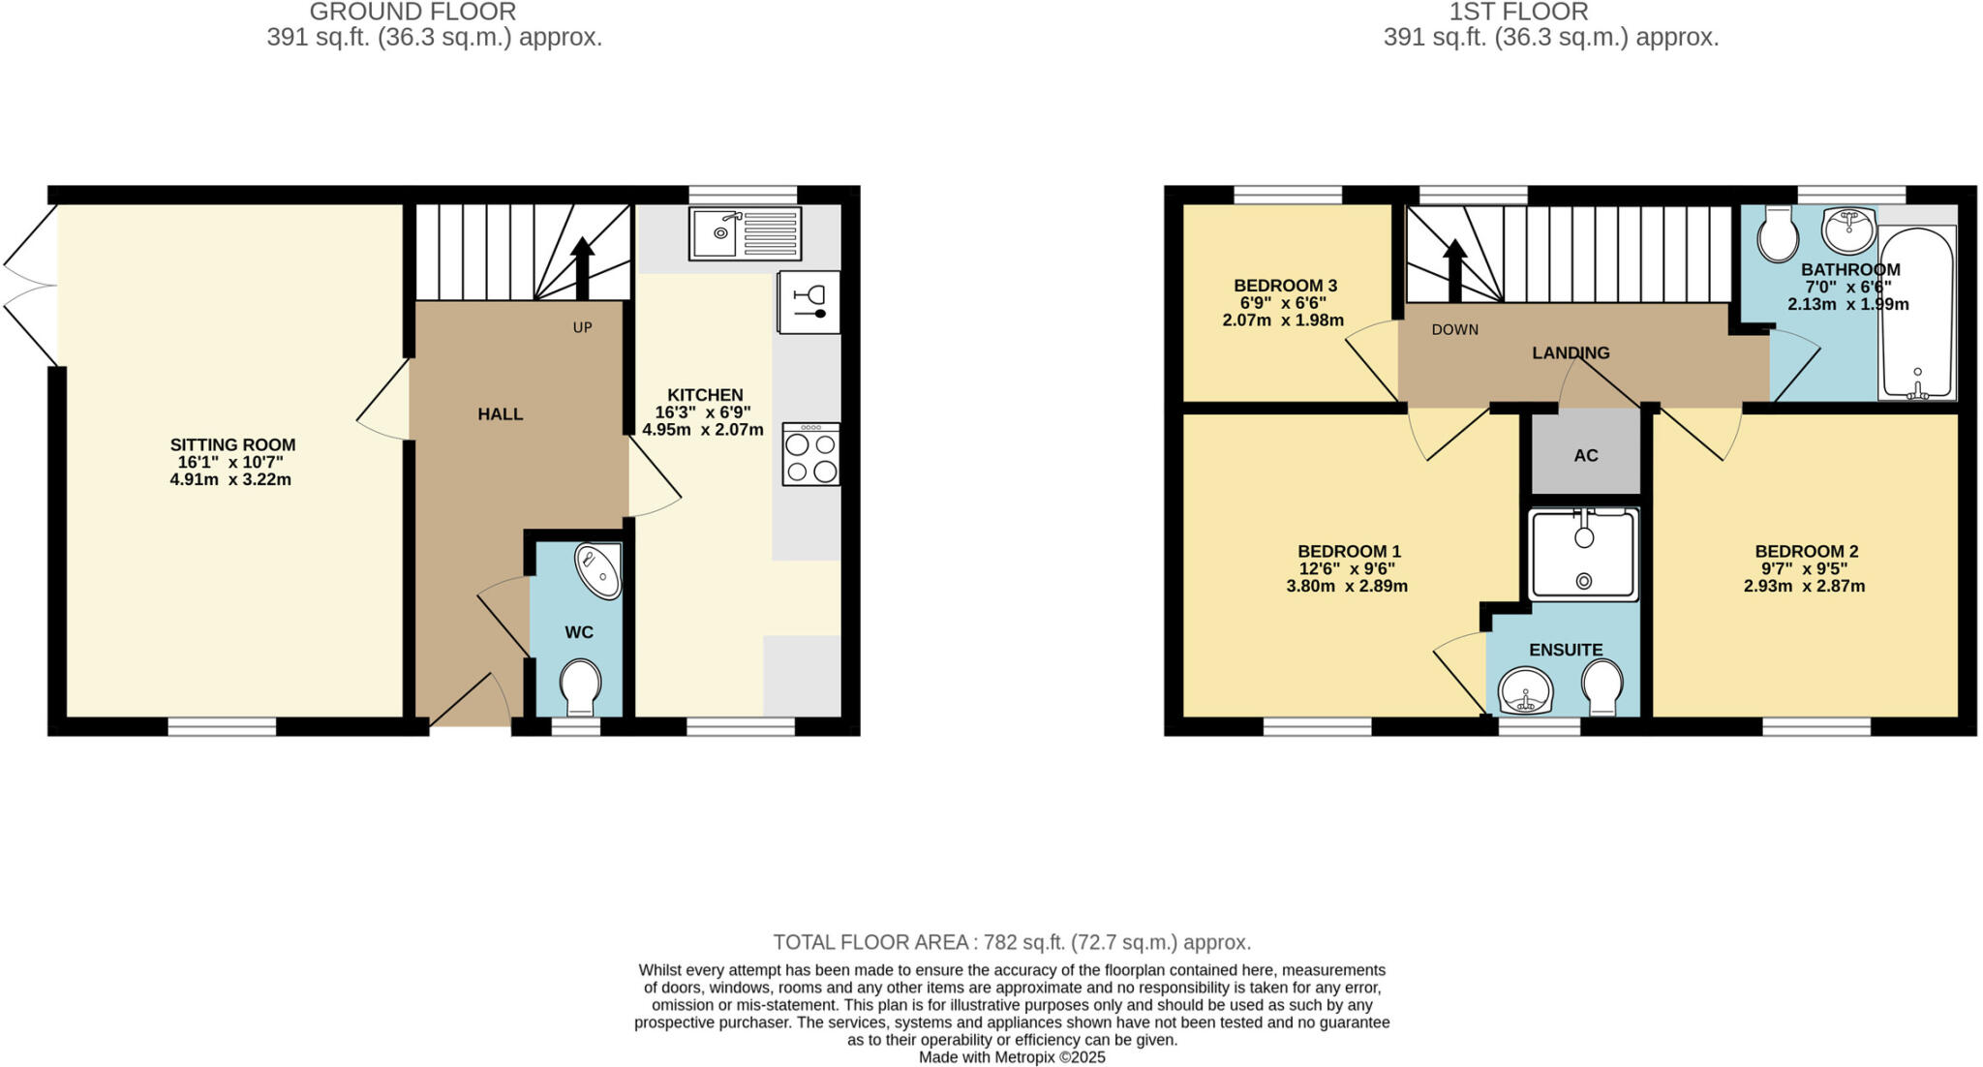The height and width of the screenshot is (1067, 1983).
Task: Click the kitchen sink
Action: point(745,233)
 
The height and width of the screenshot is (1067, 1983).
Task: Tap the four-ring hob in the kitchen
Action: point(810,455)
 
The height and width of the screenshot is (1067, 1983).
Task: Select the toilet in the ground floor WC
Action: point(580,686)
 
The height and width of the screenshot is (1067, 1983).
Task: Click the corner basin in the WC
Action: point(601,571)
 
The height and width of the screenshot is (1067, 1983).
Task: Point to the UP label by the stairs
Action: point(582,327)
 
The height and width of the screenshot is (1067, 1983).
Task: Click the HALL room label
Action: point(500,414)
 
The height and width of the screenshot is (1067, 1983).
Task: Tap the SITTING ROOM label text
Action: point(232,445)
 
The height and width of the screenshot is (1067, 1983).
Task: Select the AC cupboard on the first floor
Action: point(1585,454)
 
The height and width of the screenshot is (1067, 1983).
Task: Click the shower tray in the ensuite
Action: point(1583,555)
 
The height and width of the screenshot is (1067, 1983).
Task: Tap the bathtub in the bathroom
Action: point(1916,312)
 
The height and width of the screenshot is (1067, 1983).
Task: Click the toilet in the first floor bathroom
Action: point(1778,233)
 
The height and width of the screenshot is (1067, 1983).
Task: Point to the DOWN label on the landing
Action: point(1454,329)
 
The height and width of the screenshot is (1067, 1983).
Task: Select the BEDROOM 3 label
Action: point(1285,286)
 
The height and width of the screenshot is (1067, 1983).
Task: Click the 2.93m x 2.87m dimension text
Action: point(1804,586)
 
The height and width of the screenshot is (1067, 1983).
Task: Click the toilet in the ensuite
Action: point(1602,686)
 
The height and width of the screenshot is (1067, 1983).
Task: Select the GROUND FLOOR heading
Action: point(412,13)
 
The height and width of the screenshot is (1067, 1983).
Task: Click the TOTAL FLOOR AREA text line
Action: point(1012,942)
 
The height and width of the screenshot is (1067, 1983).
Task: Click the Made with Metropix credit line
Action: point(1012,1057)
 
